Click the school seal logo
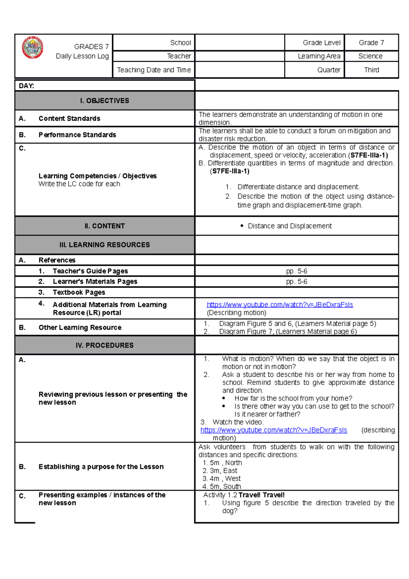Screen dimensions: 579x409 33,47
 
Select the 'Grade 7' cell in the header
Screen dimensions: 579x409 371,43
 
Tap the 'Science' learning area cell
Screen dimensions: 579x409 370,56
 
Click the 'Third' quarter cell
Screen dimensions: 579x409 371,70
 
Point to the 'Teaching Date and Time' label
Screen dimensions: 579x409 154,70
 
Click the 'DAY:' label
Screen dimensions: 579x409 27,86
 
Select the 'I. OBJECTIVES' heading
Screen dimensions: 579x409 104,101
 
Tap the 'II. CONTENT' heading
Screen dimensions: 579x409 104,226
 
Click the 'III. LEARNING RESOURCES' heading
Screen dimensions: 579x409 104,245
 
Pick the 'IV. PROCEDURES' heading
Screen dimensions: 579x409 104,345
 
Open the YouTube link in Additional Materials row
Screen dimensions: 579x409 279,305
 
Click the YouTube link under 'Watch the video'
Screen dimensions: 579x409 273,430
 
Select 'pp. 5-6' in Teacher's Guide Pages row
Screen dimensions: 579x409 297,271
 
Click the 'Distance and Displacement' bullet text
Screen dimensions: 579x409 289,226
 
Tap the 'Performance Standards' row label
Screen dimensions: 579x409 77,135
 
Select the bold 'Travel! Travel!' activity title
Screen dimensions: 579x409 261,495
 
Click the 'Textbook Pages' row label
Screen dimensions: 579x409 79,292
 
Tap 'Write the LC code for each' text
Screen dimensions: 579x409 79,184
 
